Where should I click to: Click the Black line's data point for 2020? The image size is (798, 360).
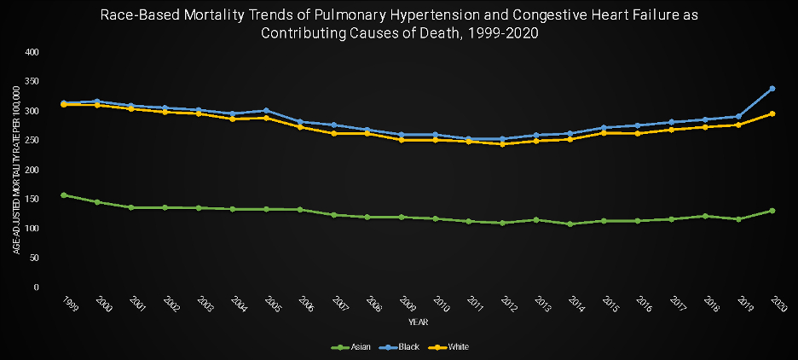pos(772,89)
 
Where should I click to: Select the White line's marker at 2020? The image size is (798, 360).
pos(772,113)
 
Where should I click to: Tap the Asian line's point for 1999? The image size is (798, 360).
pos(64,195)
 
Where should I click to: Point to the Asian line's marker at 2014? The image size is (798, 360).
pos(570,224)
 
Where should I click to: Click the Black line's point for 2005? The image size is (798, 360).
pos(266,111)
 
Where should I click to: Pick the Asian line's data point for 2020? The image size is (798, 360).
pos(772,211)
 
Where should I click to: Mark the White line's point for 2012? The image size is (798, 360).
pos(502,144)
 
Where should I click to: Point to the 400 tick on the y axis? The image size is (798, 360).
pos(32,53)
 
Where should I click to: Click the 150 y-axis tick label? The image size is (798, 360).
pos(32,200)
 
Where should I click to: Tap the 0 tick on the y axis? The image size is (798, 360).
pos(37,287)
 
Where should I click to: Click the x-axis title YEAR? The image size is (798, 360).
pos(418,322)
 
